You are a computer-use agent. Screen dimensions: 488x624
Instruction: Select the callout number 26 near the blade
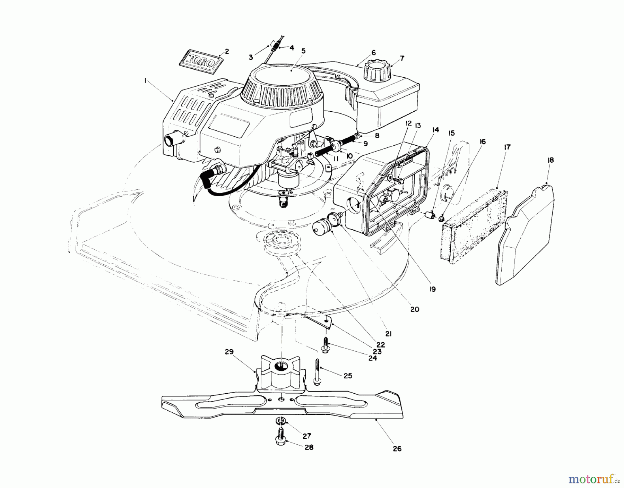pos(397,448)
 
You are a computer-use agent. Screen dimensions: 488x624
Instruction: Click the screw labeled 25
pos(317,372)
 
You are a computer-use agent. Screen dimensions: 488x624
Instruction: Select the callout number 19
pos(432,289)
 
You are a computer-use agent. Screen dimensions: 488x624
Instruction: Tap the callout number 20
pos(415,309)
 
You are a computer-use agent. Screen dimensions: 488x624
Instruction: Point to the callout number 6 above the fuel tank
pos(373,53)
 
